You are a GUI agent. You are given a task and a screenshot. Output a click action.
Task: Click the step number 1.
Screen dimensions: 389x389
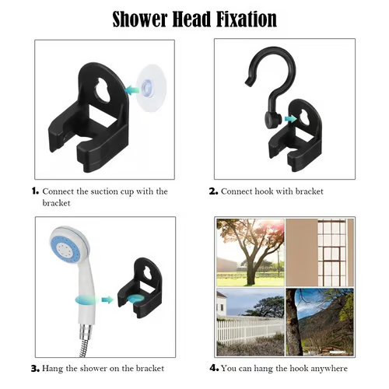click(x=34, y=191)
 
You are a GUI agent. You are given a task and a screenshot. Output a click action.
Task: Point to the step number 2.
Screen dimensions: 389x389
click(x=213, y=191)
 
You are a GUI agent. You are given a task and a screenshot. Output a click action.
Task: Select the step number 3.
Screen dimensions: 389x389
click(x=34, y=368)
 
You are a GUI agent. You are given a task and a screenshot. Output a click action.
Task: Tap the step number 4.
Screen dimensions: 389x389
click(x=213, y=368)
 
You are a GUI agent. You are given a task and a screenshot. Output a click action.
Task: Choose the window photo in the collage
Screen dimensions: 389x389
click(x=320, y=251)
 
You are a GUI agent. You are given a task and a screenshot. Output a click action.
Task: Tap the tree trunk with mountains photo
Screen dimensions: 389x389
click(x=320, y=322)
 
